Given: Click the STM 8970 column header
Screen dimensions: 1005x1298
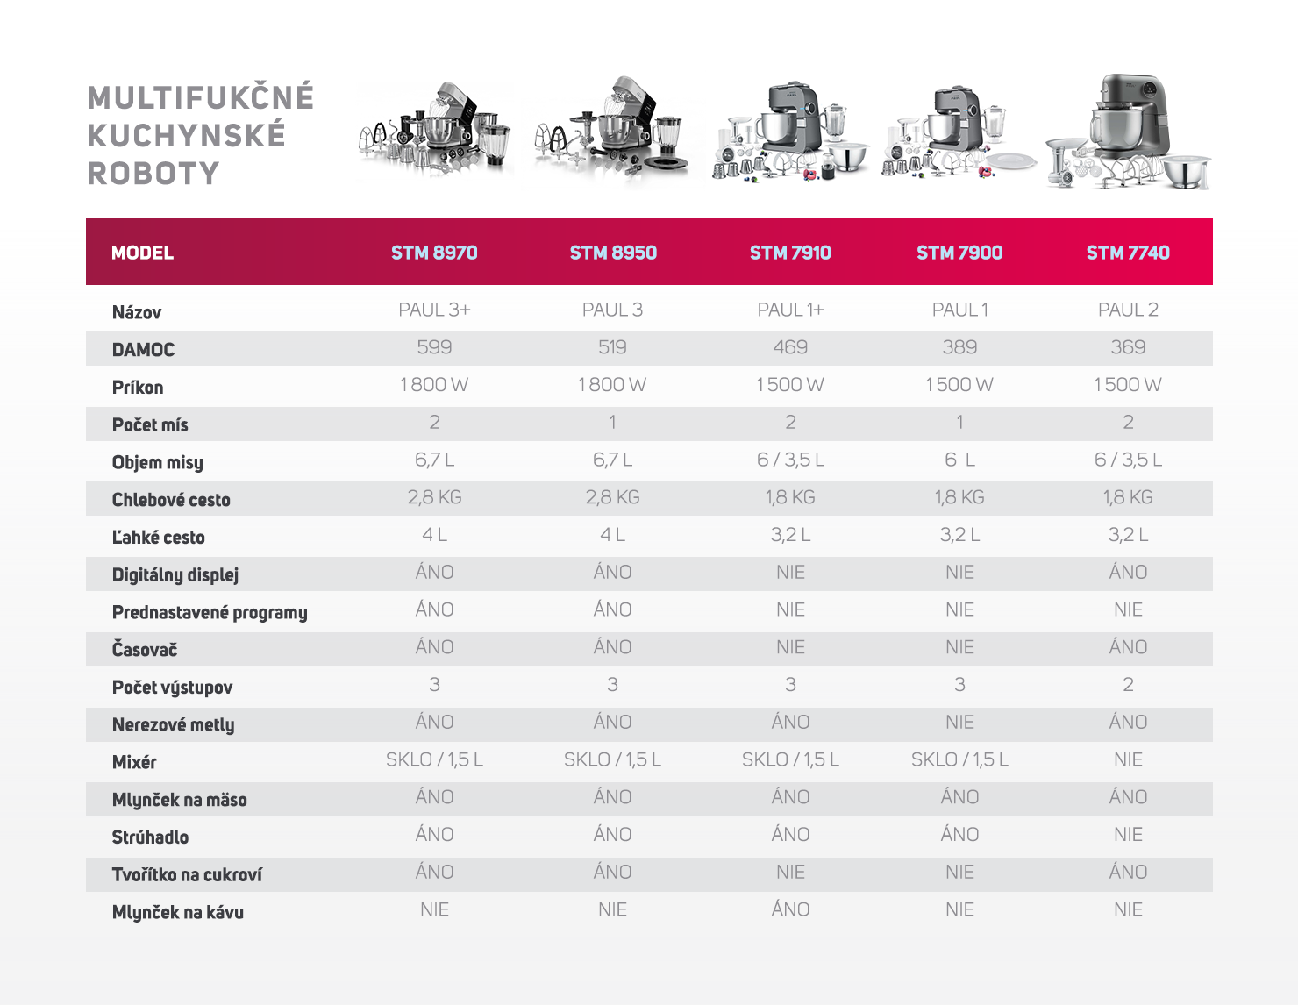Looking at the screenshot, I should pos(434,253).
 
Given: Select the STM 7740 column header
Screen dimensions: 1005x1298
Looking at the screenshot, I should pos(1128,253).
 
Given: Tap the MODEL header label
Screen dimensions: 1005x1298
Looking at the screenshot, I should pos(142,253).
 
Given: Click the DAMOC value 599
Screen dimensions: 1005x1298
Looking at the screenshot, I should pos(434,347).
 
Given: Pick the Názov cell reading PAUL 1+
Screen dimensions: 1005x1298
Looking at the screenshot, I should pos(790,310).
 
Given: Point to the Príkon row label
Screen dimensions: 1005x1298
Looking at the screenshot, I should pos(138,388).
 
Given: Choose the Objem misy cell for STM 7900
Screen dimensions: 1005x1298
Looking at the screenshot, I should pos(959,460).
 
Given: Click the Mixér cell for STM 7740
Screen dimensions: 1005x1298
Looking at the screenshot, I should pos(1128,759).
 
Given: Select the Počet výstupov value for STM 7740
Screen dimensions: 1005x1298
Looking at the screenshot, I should pos(1128,685).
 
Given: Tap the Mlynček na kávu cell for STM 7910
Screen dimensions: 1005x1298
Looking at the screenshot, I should pos(790,909).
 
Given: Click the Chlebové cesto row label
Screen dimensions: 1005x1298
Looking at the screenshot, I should pos(171,500).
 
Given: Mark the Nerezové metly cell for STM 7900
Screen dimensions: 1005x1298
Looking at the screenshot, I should pos(959,722).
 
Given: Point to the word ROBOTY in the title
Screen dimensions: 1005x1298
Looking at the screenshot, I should pos(153,174).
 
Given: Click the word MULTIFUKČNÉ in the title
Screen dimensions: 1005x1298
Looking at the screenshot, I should pos(201,97).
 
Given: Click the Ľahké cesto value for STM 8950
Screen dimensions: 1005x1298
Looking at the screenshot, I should pos(612,535).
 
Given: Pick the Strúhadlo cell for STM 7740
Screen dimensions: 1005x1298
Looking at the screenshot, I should pos(1128,834).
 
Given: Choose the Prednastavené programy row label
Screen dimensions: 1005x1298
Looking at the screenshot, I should pos(210,612).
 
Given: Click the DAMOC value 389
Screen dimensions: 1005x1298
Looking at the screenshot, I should pos(959,347).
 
